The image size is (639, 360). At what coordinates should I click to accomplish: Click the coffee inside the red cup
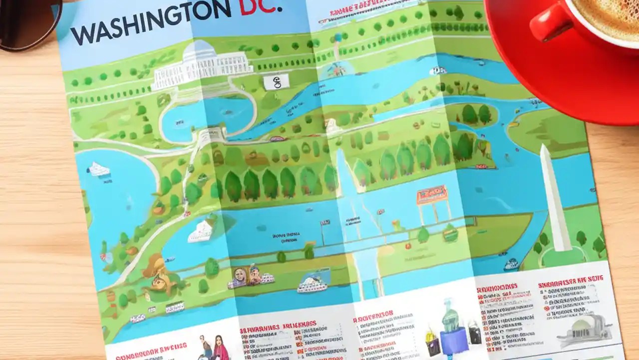(607, 12)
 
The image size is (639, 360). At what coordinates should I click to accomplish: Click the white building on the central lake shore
(202, 231)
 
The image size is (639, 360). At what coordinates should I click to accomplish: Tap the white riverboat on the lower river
(312, 285)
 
